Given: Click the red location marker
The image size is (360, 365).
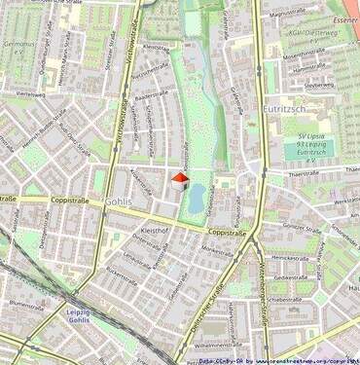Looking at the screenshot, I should [x=178, y=179].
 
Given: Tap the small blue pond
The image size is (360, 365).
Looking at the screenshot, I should [x=198, y=200].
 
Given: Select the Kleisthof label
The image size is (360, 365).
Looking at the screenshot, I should [x=155, y=230].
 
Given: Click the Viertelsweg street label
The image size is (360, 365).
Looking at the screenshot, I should [x=31, y=94].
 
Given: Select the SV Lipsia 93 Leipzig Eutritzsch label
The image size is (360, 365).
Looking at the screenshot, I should [x=315, y=145].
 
